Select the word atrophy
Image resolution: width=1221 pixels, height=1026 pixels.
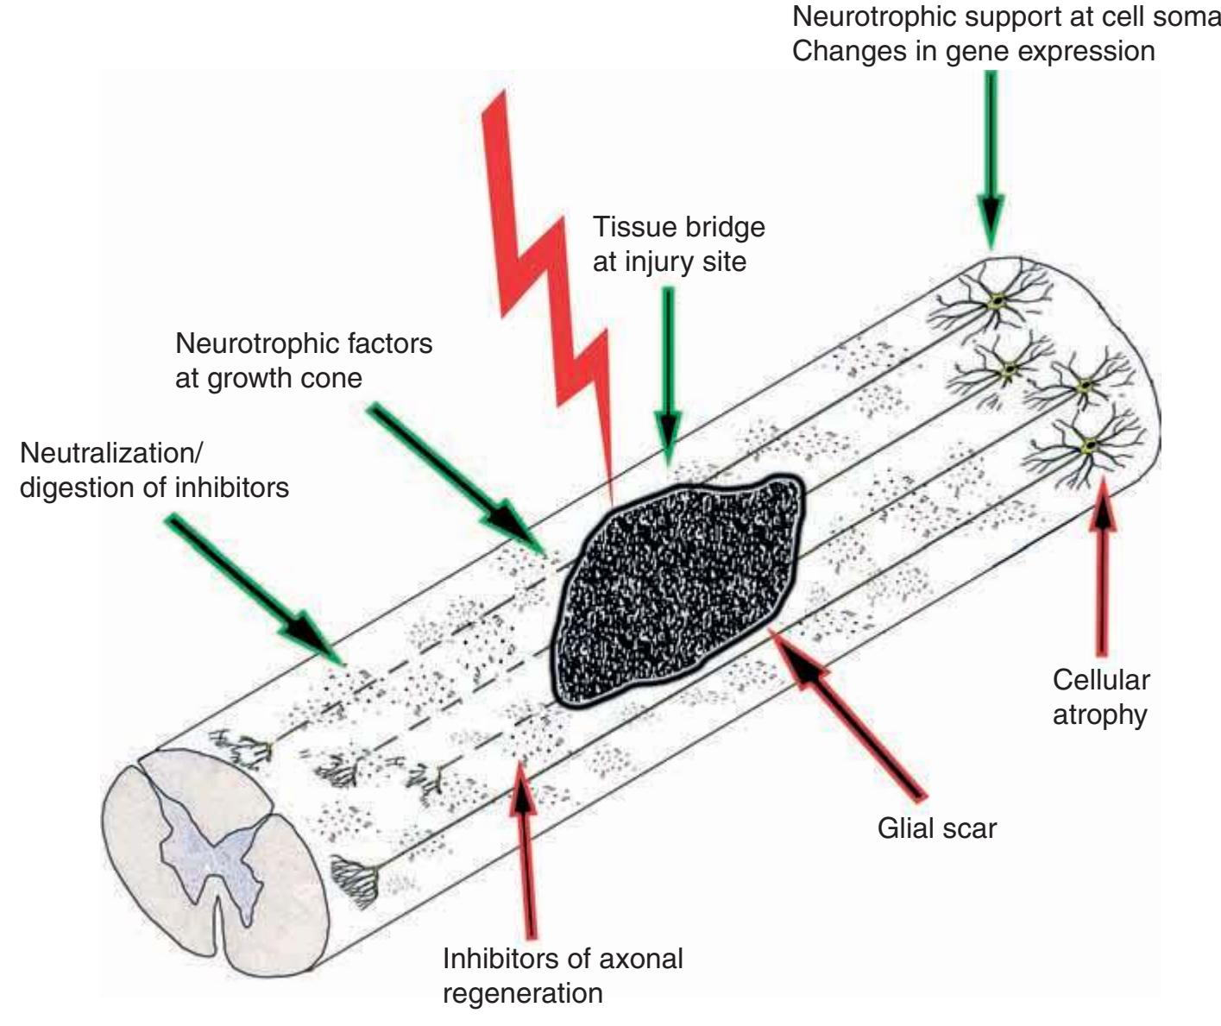coord(1100,714)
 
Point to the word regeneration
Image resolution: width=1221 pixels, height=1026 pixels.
coord(522,992)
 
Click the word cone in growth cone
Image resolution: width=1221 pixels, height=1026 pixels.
coord(332,378)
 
